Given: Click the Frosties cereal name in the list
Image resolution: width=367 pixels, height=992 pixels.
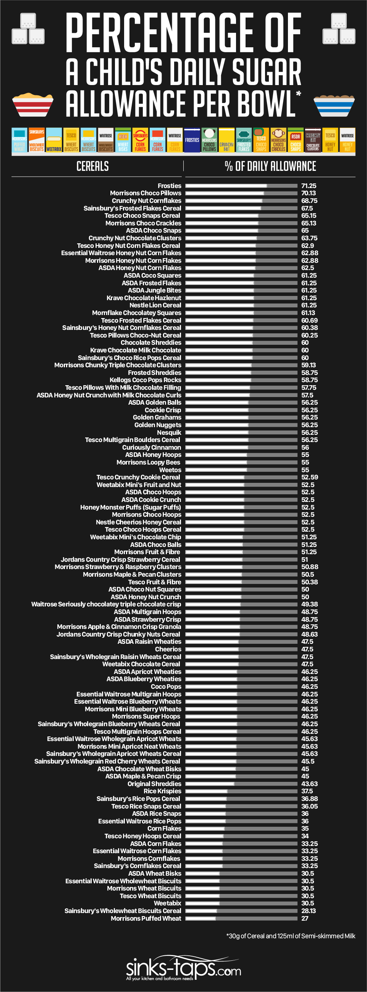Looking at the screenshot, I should (x=169, y=186).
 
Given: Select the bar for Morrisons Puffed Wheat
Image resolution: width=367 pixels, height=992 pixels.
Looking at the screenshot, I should (x=241, y=918).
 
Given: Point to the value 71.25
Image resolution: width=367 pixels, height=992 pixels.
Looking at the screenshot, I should (x=309, y=186).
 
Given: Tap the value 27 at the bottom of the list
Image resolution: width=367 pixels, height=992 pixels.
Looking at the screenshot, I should (x=305, y=918).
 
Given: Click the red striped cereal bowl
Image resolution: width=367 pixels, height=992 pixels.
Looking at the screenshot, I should (x=32, y=105).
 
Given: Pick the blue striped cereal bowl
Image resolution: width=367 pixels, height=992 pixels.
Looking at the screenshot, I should (x=334, y=105).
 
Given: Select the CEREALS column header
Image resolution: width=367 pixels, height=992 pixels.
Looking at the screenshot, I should (x=92, y=166).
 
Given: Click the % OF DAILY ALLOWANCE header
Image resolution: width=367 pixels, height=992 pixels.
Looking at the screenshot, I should (x=270, y=166).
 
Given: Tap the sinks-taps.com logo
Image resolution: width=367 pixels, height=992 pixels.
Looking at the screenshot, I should (x=183, y=968).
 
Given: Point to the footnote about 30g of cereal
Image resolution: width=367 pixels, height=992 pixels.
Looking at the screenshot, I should (x=291, y=936).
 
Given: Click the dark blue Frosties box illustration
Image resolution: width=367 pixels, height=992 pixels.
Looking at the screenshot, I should (x=192, y=140).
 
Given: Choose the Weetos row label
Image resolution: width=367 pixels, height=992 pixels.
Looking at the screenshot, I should (x=170, y=470).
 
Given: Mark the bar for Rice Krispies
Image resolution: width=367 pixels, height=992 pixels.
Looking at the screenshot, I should (x=241, y=791).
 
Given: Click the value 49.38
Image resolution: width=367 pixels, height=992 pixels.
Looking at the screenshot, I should (x=309, y=604).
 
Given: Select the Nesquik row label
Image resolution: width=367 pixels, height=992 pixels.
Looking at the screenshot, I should (x=169, y=432).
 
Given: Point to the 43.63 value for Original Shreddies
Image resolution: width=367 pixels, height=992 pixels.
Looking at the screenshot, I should (x=309, y=784).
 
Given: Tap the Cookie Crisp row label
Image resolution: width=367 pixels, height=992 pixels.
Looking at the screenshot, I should (x=163, y=410).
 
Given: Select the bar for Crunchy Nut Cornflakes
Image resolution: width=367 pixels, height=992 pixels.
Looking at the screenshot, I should (x=241, y=201).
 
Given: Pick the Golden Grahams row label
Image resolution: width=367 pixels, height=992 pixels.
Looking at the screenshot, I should (x=157, y=418).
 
